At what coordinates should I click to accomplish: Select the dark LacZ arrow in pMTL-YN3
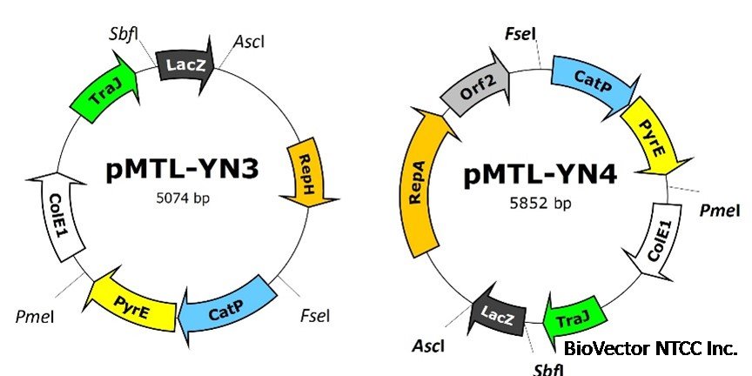185,64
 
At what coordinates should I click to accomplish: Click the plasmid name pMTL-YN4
540,177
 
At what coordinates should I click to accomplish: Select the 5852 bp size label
540,205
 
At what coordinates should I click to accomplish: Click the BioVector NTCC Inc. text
650,349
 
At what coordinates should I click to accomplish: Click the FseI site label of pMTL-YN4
520,34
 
